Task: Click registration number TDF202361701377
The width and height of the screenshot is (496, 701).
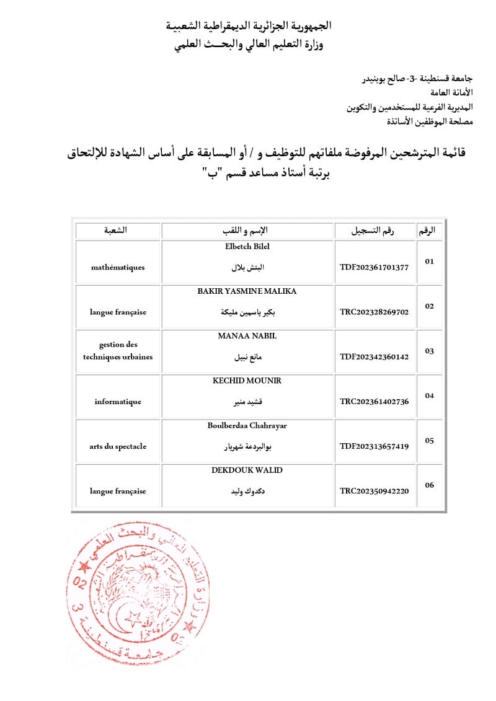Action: click(x=374, y=267)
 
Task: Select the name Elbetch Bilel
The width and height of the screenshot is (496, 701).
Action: click(x=247, y=247)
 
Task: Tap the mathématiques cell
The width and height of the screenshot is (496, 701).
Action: click(x=118, y=267)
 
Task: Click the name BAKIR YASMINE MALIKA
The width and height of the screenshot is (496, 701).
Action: click(x=247, y=291)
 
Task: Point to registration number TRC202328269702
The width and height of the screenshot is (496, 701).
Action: click(x=374, y=312)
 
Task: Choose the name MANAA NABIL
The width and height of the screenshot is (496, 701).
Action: click(x=247, y=336)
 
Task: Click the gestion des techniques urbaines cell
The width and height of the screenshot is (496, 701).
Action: click(x=118, y=351)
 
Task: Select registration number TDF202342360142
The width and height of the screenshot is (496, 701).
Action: click(x=374, y=356)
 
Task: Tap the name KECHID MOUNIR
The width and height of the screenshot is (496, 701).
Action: click(x=247, y=381)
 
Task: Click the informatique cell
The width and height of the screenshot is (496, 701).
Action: click(x=118, y=401)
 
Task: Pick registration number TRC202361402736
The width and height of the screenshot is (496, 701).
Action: click(x=374, y=401)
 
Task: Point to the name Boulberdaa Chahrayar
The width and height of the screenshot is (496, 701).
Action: click(x=247, y=425)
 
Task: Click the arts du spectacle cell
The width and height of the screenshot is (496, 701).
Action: click(x=118, y=446)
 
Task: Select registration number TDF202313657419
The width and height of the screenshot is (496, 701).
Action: click(x=374, y=446)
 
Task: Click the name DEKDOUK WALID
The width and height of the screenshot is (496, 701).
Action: click(x=247, y=470)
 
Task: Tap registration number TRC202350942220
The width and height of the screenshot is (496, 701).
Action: click(x=374, y=490)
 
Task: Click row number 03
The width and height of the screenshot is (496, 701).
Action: click(x=429, y=351)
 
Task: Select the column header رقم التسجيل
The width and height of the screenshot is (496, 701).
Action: click(x=374, y=231)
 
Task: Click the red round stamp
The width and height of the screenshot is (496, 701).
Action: click(x=134, y=594)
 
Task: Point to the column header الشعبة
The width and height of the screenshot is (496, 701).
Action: click(x=118, y=231)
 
